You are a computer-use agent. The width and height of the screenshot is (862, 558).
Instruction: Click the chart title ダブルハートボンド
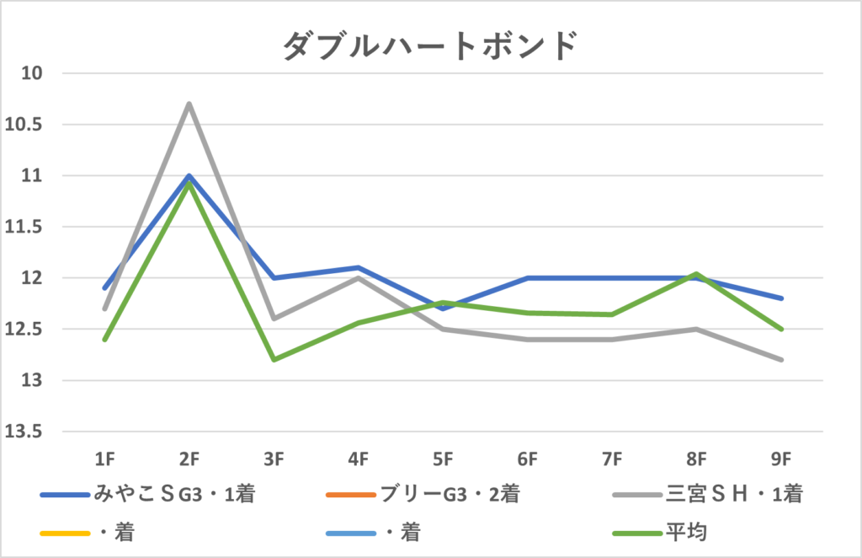(x=430, y=45)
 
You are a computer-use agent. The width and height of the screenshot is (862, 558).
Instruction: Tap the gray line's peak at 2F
(x=189, y=104)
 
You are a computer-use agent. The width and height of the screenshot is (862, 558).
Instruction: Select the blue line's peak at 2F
(x=189, y=175)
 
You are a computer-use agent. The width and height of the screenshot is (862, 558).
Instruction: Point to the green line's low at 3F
(x=274, y=360)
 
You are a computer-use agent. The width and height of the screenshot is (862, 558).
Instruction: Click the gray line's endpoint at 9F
(x=782, y=360)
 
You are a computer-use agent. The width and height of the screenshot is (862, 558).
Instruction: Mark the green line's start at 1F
(x=104, y=340)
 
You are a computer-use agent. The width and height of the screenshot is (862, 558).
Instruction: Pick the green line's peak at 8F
(x=697, y=273)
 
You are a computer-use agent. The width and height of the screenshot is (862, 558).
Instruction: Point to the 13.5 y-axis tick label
(x=24, y=432)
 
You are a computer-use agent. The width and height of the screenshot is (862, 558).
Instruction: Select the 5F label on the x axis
(x=444, y=459)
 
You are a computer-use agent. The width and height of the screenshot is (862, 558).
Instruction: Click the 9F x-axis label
(x=782, y=459)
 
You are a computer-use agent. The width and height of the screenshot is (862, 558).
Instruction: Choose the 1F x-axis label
(x=104, y=459)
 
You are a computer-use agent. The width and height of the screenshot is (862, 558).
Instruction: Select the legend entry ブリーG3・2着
(x=450, y=495)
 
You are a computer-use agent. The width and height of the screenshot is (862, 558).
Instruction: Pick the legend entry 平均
(x=682, y=532)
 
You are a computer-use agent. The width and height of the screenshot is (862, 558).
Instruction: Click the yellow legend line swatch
(x=64, y=532)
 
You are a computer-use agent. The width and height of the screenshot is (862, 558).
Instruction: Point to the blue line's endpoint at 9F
(x=782, y=298)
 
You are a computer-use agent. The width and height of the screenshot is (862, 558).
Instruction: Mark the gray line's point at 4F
(x=359, y=277)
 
